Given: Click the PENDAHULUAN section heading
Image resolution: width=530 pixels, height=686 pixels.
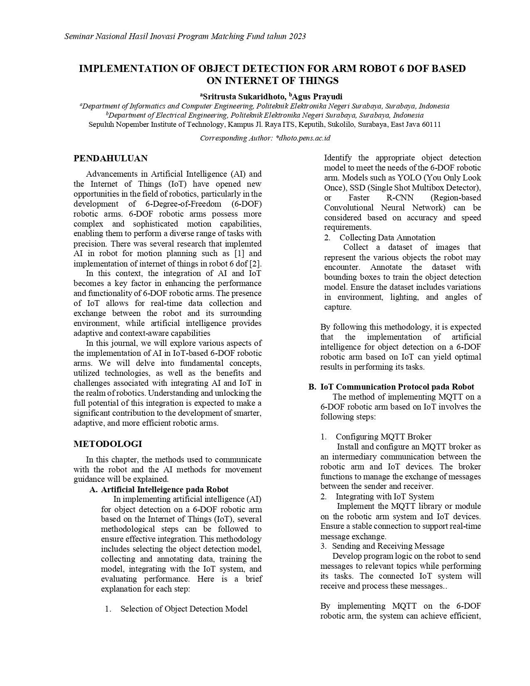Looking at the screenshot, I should pyautogui.click(x=110, y=158).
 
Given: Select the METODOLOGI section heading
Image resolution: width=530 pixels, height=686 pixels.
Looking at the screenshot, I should pyautogui.click(x=108, y=444).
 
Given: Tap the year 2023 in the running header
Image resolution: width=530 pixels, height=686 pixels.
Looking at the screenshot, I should pyautogui.click(x=297, y=36).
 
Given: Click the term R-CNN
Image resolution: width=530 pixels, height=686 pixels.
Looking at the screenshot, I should pyautogui.click(x=399, y=197).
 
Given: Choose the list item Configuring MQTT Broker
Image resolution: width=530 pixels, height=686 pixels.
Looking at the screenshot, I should pyautogui.click(x=383, y=437).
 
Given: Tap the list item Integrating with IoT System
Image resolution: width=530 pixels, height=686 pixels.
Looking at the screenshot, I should pyautogui.click(x=385, y=496).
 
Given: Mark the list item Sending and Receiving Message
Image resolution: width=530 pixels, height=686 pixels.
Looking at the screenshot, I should pyautogui.click(x=388, y=546).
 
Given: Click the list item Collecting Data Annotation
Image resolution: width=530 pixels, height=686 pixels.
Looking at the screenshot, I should pyautogui.click(x=387, y=237).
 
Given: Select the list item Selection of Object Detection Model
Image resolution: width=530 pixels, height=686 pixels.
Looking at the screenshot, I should pyautogui.click(x=184, y=609).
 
